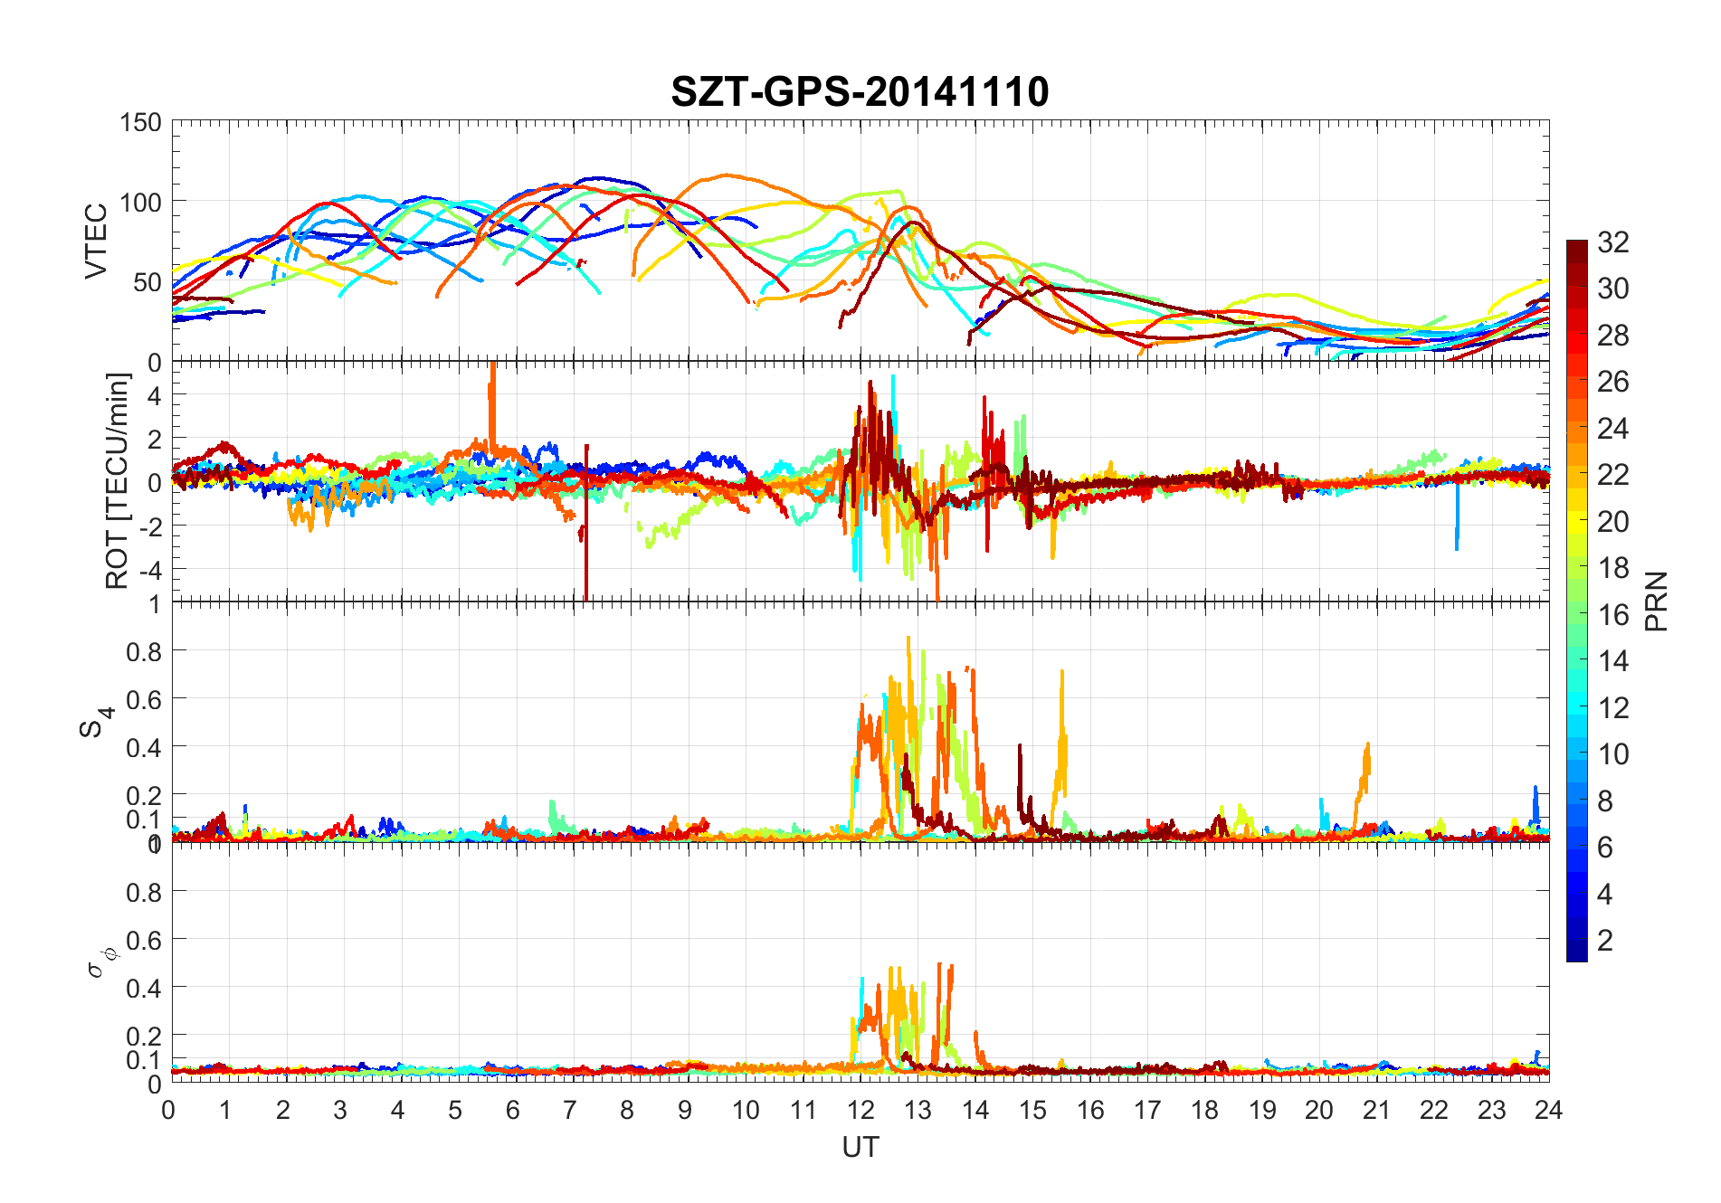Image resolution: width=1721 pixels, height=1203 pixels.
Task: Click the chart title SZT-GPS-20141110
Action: pos(860,92)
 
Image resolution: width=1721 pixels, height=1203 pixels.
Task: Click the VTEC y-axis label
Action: pos(96,241)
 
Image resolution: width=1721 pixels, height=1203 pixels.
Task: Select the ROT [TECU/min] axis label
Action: pos(118,481)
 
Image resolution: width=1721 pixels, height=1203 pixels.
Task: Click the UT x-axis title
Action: pos(860,1148)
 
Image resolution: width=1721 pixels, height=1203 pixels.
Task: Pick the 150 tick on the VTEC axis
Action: pos(140,123)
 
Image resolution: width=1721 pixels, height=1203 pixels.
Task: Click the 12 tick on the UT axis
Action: pos(860,1110)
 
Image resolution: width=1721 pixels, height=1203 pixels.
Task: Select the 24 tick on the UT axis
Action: pos(1548,1110)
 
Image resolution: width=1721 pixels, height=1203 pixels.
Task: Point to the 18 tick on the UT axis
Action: pos(1204,1110)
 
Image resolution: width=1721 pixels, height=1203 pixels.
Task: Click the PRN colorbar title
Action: pos(1656,601)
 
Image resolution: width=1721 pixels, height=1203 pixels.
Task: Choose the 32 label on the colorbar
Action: pos(1613,242)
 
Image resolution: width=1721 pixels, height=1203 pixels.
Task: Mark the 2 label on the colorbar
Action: pos(1605,941)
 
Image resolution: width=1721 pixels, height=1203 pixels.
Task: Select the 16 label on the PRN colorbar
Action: pos(1613,615)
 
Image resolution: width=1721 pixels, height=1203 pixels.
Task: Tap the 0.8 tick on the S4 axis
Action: pos(145,651)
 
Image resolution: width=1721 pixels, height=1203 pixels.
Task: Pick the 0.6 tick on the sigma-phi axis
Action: pos(145,940)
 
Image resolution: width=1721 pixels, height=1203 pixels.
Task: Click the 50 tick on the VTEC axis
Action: pos(147,282)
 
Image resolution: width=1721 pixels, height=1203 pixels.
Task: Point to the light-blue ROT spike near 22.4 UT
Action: pos(1457,525)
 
